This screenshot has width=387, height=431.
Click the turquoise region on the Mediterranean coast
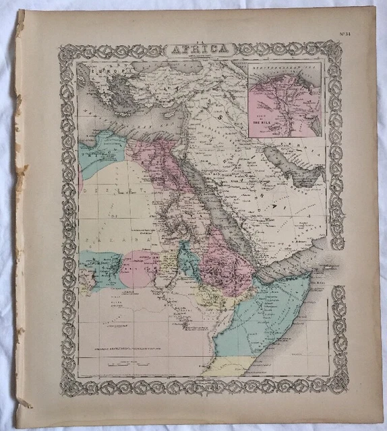coord(101,152)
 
